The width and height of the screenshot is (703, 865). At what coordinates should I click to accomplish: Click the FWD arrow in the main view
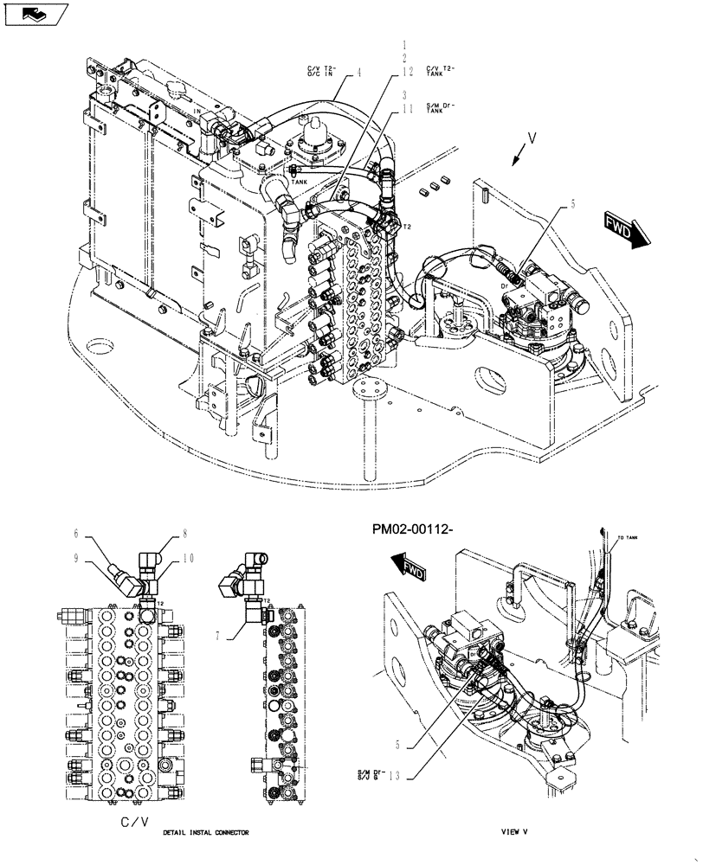point(622,231)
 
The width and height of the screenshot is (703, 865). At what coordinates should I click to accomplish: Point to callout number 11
point(407,110)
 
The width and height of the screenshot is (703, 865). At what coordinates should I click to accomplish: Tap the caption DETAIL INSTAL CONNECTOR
point(205,832)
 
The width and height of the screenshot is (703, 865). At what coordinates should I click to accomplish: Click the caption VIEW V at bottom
point(513,832)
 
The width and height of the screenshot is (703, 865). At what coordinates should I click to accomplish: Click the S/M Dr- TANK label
point(441,108)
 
